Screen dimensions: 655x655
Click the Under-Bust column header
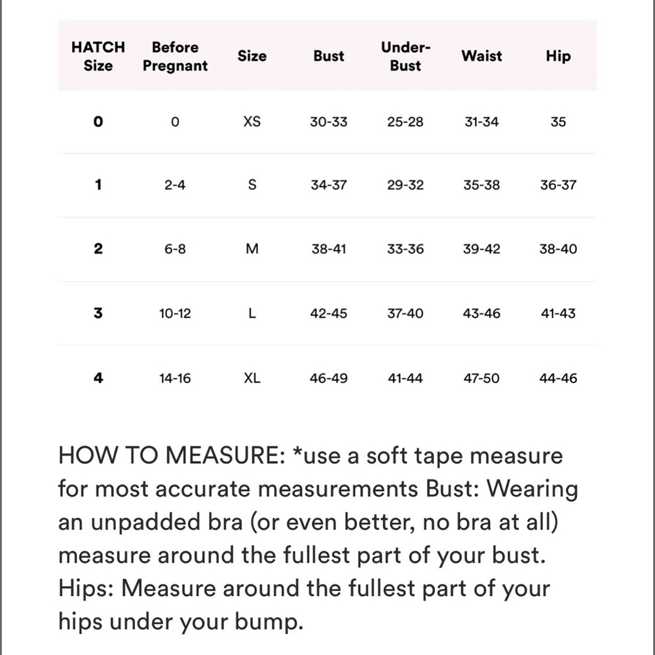405,56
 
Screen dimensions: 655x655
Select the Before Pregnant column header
175,56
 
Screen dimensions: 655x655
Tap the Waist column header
481,56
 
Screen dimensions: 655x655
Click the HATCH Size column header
98,56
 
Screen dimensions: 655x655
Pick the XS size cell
252,122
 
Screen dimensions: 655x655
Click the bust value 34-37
329,185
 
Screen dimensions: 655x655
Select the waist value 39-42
481,249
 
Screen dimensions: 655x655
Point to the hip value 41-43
558,314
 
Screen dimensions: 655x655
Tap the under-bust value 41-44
405,378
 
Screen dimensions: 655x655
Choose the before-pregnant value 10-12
175,314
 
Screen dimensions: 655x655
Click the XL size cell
252,378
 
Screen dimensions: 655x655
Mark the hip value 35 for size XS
558,122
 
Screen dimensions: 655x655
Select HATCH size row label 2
98,249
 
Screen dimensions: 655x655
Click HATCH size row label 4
98,378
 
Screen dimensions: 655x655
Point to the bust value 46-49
329,378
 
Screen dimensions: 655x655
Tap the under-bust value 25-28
405,122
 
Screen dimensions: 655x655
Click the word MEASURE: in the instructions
223,456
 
